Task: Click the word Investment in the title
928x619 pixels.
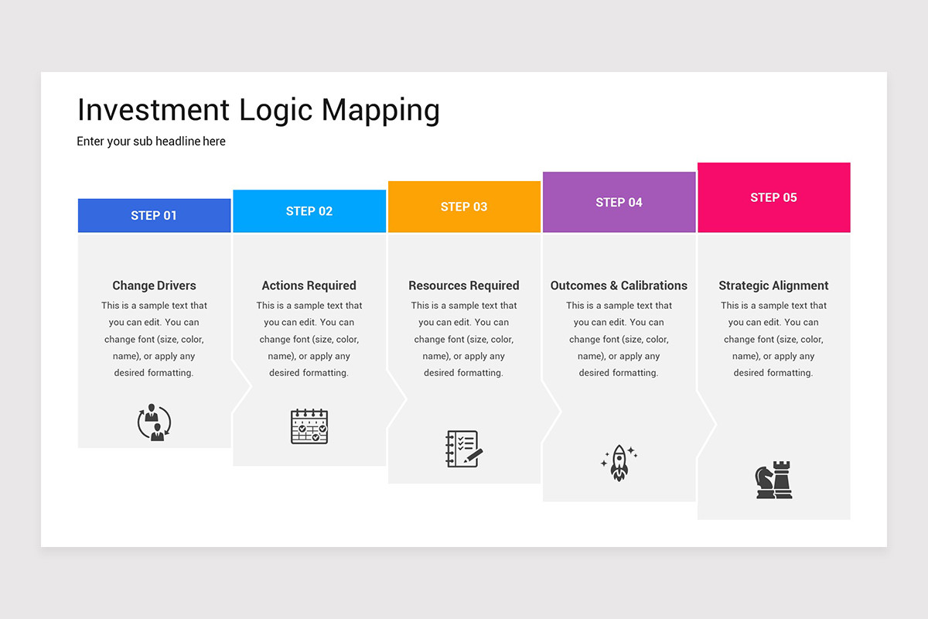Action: [x=153, y=110]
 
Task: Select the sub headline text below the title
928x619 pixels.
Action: [x=151, y=142]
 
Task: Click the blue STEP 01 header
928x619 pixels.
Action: [x=154, y=215]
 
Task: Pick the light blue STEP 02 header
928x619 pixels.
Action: [x=309, y=210]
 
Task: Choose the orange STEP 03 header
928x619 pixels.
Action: [x=464, y=207]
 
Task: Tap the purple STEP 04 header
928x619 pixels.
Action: [x=619, y=202]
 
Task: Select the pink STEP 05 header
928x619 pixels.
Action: [x=773, y=197]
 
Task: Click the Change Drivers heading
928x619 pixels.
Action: [x=154, y=286]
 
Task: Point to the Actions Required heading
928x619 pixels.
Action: [x=309, y=286]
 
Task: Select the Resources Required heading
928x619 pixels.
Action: [x=464, y=286]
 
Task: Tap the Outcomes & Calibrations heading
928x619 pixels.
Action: [x=619, y=286]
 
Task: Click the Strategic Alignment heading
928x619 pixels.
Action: [x=773, y=286]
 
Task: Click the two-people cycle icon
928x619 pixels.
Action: [x=154, y=422]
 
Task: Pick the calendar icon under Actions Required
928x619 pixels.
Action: [x=309, y=426]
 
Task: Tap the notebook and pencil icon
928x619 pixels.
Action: [x=464, y=449]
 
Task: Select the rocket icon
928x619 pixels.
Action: [x=619, y=463]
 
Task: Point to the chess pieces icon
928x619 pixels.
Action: [x=773, y=480]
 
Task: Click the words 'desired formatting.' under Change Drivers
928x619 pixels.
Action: [x=154, y=373]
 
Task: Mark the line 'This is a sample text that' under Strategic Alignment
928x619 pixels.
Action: [x=773, y=306]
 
